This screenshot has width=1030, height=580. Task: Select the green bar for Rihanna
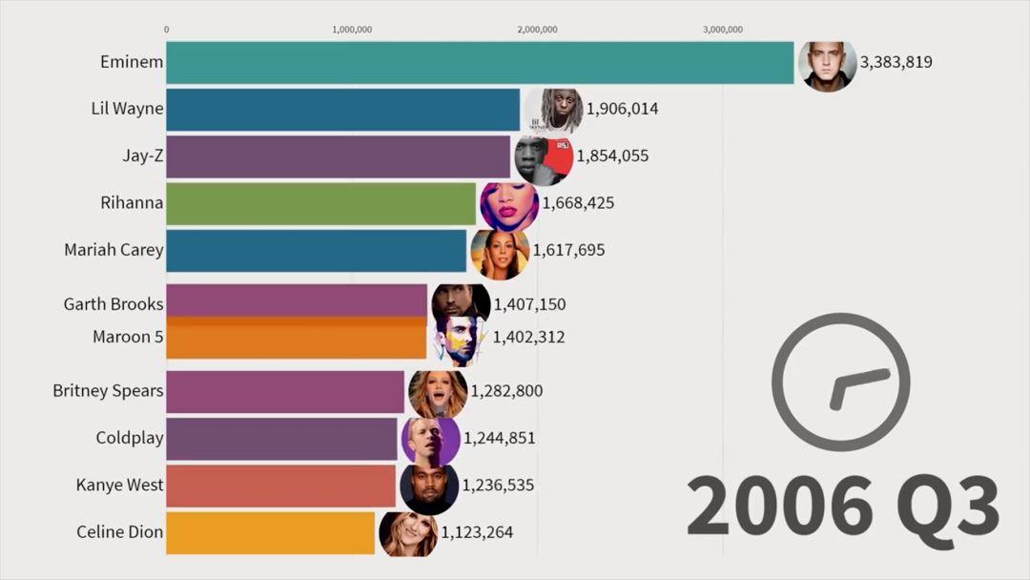click(x=320, y=203)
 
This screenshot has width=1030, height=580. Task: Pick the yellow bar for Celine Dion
click(x=271, y=532)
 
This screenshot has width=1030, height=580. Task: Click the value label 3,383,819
click(x=896, y=62)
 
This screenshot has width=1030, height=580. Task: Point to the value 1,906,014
click(x=622, y=109)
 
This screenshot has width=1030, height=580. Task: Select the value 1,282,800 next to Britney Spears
click(x=506, y=390)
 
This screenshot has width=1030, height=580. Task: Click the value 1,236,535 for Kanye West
click(x=498, y=485)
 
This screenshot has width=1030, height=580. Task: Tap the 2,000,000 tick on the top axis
click(x=537, y=29)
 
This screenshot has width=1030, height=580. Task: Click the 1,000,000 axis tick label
click(x=352, y=29)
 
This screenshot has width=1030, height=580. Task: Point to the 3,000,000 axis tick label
click(x=722, y=29)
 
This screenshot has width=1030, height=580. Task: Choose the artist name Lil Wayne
click(x=127, y=109)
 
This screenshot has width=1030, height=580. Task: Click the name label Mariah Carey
click(x=113, y=250)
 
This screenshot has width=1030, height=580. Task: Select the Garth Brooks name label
click(x=113, y=304)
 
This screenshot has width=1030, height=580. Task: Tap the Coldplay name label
click(x=130, y=438)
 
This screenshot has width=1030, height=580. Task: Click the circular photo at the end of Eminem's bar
click(x=827, y=66)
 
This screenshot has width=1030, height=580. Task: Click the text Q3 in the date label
click(x=945, y=507)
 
